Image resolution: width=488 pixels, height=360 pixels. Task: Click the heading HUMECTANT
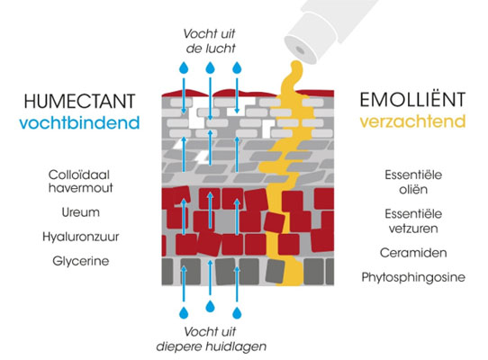(79, 101)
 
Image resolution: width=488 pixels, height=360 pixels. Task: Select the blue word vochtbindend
(79, 122)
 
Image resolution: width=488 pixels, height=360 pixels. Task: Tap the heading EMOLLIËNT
(412, 99)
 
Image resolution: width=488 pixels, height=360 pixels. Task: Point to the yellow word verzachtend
(412, 121)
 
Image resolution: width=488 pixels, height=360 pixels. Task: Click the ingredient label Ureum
(81, 212)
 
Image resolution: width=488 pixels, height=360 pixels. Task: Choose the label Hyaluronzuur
(81, 237)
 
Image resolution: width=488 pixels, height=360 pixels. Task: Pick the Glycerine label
(81, 261)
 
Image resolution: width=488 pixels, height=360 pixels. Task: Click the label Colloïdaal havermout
(80, 181)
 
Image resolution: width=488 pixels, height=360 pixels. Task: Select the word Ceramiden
(413, 253)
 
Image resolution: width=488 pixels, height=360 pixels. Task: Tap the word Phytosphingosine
(413, 277)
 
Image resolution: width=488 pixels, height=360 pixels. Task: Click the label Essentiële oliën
(413, 182)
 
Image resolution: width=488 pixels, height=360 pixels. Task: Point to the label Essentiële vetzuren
(413, 220)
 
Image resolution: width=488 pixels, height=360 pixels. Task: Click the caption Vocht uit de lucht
(210, 40)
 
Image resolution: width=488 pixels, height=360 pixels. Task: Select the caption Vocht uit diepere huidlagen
(212, 339)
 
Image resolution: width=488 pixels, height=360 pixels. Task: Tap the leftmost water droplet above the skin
(184, 67)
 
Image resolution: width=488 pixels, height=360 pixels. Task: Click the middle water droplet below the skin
(211, 307)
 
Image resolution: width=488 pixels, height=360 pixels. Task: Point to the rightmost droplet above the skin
(237, 67)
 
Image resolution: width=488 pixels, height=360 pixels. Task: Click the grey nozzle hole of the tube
(300, 49)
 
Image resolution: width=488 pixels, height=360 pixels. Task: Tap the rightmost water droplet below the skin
(237, 312)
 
